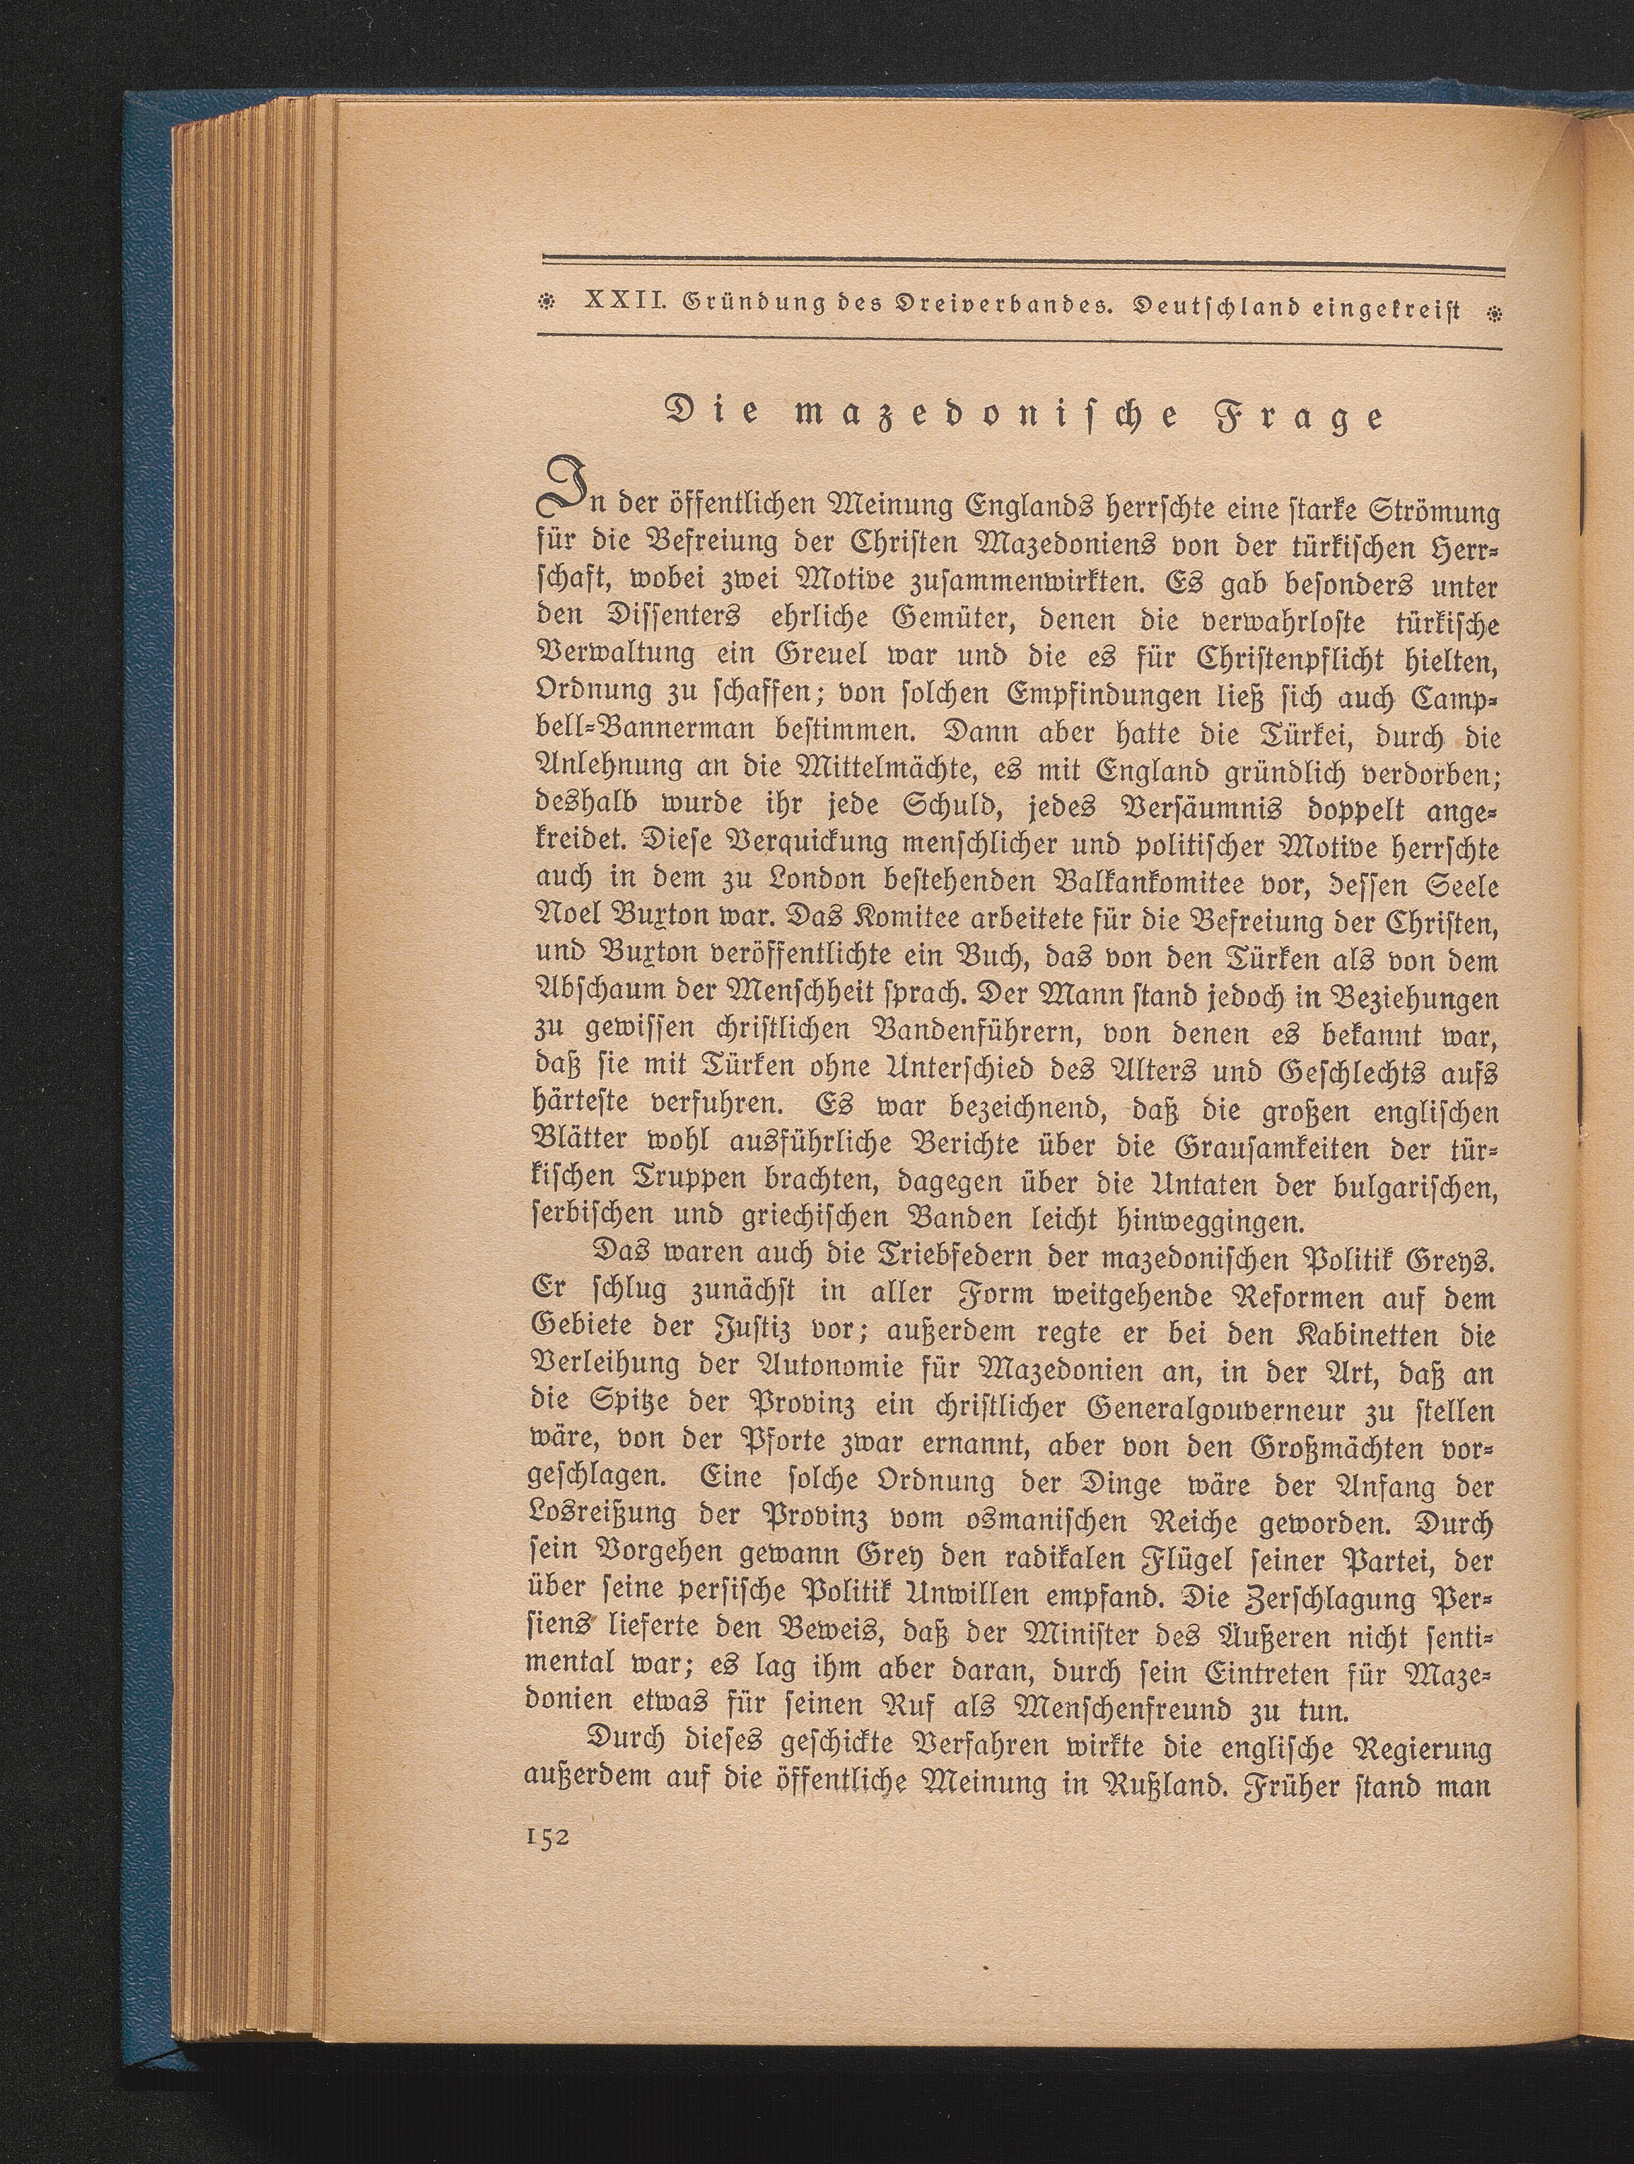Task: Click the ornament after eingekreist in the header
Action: (1493, 314)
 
